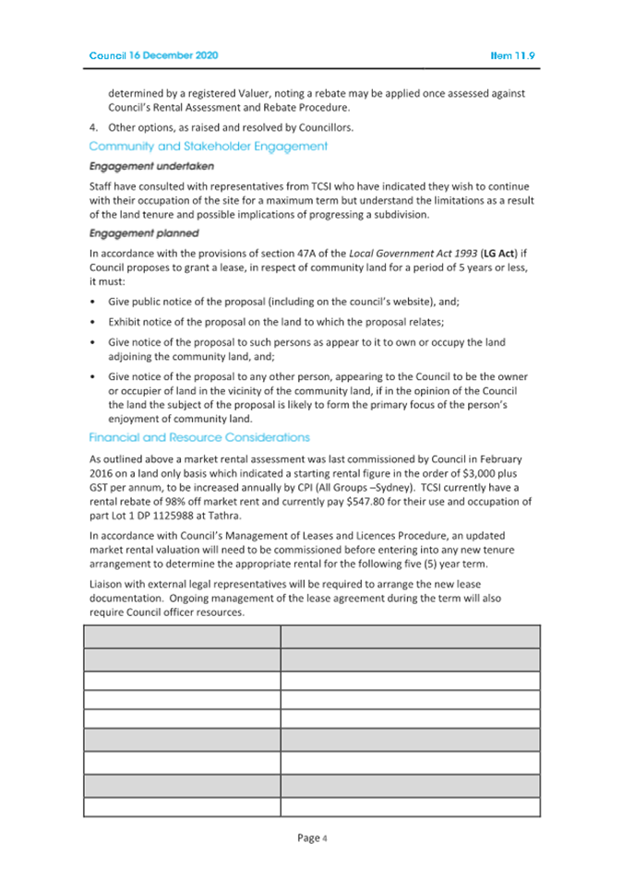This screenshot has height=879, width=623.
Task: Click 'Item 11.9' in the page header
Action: tap(513, 55)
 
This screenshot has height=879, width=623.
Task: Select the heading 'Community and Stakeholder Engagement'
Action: tap(208, 146)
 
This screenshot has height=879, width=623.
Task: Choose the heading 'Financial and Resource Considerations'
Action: tap(199, 437)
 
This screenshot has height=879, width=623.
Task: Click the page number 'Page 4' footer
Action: tap(312, 837)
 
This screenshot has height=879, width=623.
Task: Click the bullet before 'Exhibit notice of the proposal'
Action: tap(93, 323)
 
